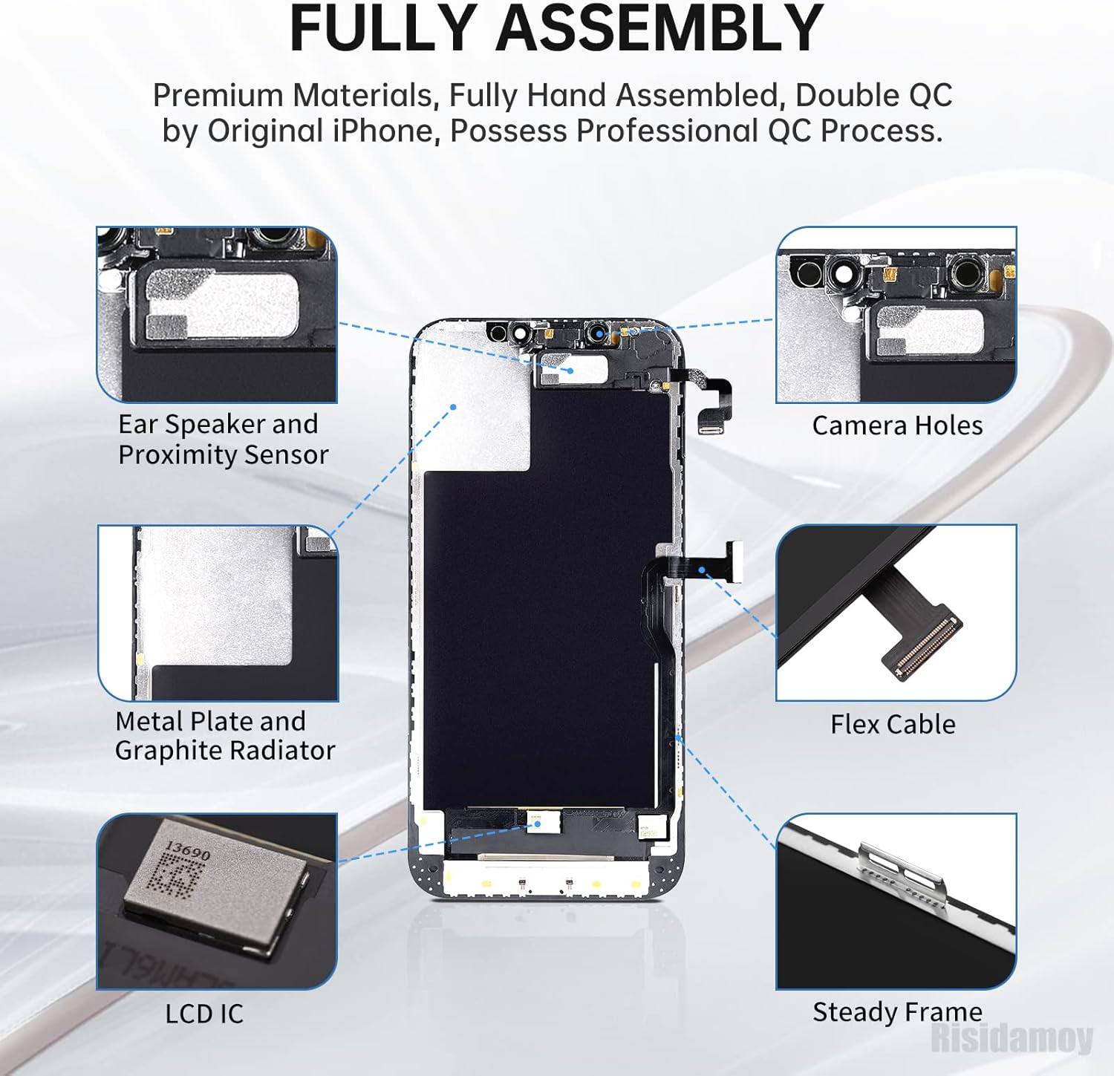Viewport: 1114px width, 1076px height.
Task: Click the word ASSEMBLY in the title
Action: pyautogui.click(x=659, y=28)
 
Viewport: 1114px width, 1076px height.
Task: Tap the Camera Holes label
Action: pyautogui.click(x=896, y=425)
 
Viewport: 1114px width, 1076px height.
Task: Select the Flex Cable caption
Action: pyautogui.click(x=893, y=724)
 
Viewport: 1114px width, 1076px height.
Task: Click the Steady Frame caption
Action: pyautogui.click(x=897, y=1012)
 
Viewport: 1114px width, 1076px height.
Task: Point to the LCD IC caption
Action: pyautogui.click(x=204, y=1014)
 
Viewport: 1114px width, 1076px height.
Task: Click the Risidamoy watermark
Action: pyautogui.click(x=1012, y=1037)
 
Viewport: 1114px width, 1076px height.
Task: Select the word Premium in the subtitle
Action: pyautogui.click(x=218, y=96)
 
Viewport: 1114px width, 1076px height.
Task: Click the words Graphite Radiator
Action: pyautogui.click(x=225, y=751)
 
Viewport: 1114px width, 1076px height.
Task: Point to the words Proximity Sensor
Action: pyautogui.click(x=223, y=454)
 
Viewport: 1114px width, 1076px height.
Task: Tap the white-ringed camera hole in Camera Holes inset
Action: pyautogui.click(x=844, y=274)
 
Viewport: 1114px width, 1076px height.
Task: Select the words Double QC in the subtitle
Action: pyautogui.click(x=873, y=96)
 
